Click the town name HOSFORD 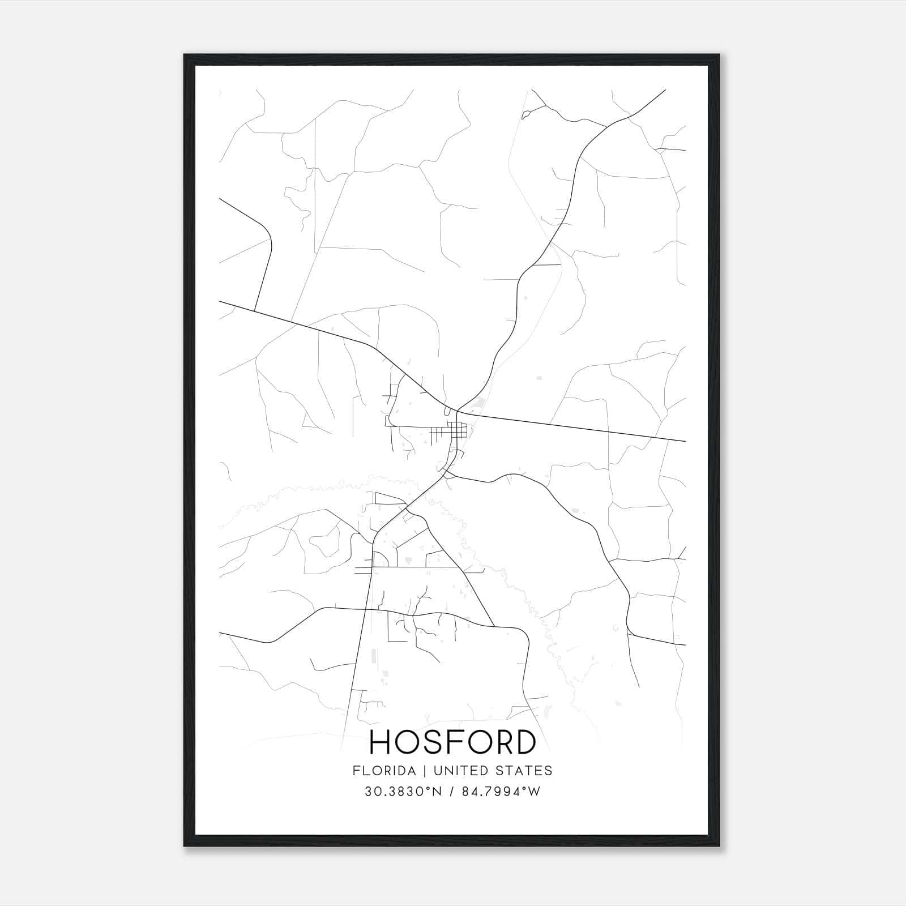452,742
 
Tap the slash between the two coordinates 451,792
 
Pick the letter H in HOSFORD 381,742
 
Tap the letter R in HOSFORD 500,742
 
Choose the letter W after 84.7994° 535,792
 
